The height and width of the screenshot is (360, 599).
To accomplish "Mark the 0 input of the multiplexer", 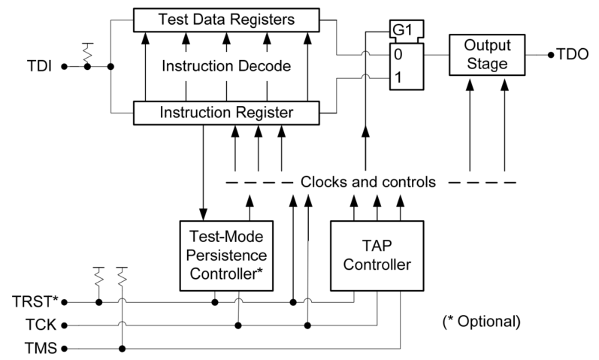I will tap(400, 54).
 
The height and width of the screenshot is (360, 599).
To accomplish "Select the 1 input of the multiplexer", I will tap(400, 77).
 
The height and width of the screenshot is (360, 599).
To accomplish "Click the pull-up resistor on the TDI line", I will tap(88, 53).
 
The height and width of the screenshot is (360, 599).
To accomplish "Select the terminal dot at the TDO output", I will tap(549, 55).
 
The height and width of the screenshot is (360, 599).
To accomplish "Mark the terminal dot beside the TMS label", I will tap(64, 348).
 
